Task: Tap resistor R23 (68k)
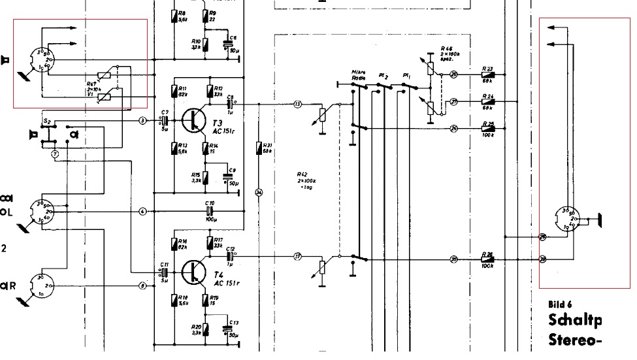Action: [x=488, y=74]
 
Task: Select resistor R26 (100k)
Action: [x=488, y=260]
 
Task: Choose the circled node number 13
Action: [x=297, y=104]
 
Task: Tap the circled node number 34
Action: [x=259, y=191]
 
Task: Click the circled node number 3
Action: [x=142, y=120]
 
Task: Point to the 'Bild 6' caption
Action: [x=561, y=304]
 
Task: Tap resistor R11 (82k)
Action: [x=174, y=91]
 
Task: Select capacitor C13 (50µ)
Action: [x=227, y=329]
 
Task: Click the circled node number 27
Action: [x=454, y=101]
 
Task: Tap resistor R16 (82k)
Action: [x=174, y=244]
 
